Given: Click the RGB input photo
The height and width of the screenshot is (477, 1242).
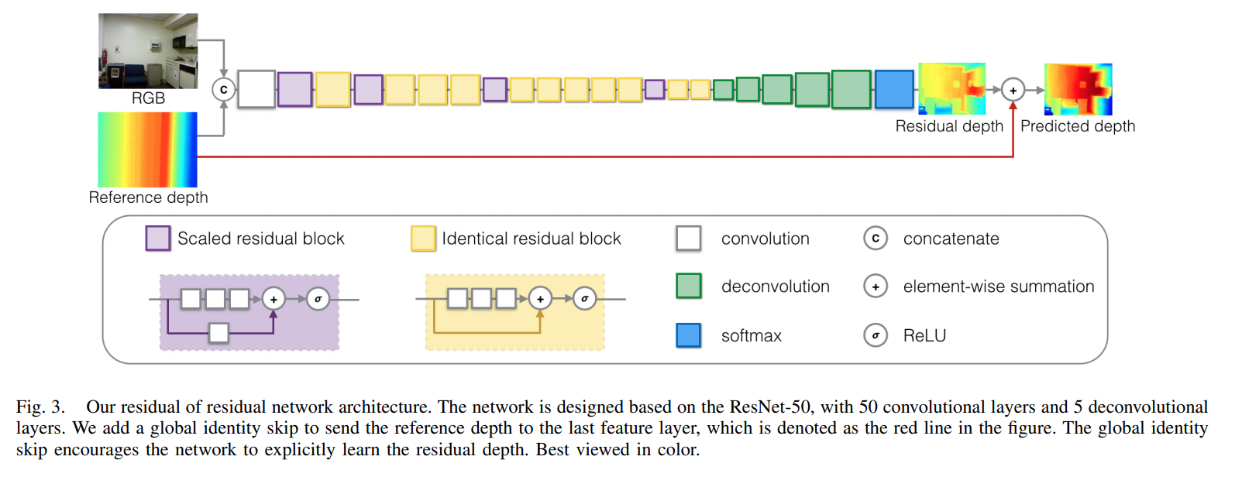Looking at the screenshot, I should click(148, 50).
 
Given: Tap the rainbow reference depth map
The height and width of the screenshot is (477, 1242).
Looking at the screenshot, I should click(147, 149).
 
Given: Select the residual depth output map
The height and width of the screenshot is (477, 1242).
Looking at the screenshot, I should click(951, 89).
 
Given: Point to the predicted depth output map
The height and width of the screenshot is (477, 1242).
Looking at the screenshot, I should click(1078, 89).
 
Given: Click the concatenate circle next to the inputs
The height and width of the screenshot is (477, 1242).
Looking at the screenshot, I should click(223, 90).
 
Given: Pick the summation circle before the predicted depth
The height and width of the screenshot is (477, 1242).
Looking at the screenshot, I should click(1013, 90).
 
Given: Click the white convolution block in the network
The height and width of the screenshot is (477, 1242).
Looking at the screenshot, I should click(256, 89).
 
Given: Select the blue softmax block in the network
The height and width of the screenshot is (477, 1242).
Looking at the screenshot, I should click(894, 89).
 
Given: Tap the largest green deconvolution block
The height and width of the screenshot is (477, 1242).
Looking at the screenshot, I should click(851, 89).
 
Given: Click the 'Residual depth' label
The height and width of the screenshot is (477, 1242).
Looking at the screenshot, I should click(949, 126).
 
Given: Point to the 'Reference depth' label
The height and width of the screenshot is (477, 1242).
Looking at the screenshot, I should click(148, 197).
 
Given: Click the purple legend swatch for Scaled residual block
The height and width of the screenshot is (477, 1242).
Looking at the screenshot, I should click(158, 238).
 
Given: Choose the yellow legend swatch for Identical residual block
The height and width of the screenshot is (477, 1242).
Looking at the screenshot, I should click(423, 238).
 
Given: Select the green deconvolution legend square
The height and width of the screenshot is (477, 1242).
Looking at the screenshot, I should click(688, 287).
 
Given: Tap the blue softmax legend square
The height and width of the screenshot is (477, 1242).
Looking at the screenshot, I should click(688, 335).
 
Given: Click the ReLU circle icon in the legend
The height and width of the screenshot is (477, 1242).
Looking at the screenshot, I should click(876, 335).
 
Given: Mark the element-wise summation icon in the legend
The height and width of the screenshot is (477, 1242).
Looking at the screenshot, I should click(876, 287).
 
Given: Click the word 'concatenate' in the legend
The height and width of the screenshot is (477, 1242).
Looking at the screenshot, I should click(951, 238).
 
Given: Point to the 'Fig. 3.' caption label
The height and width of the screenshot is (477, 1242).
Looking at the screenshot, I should click(40, 407).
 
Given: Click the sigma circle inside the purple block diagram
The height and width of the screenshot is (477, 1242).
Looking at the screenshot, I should click(318, 299).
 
